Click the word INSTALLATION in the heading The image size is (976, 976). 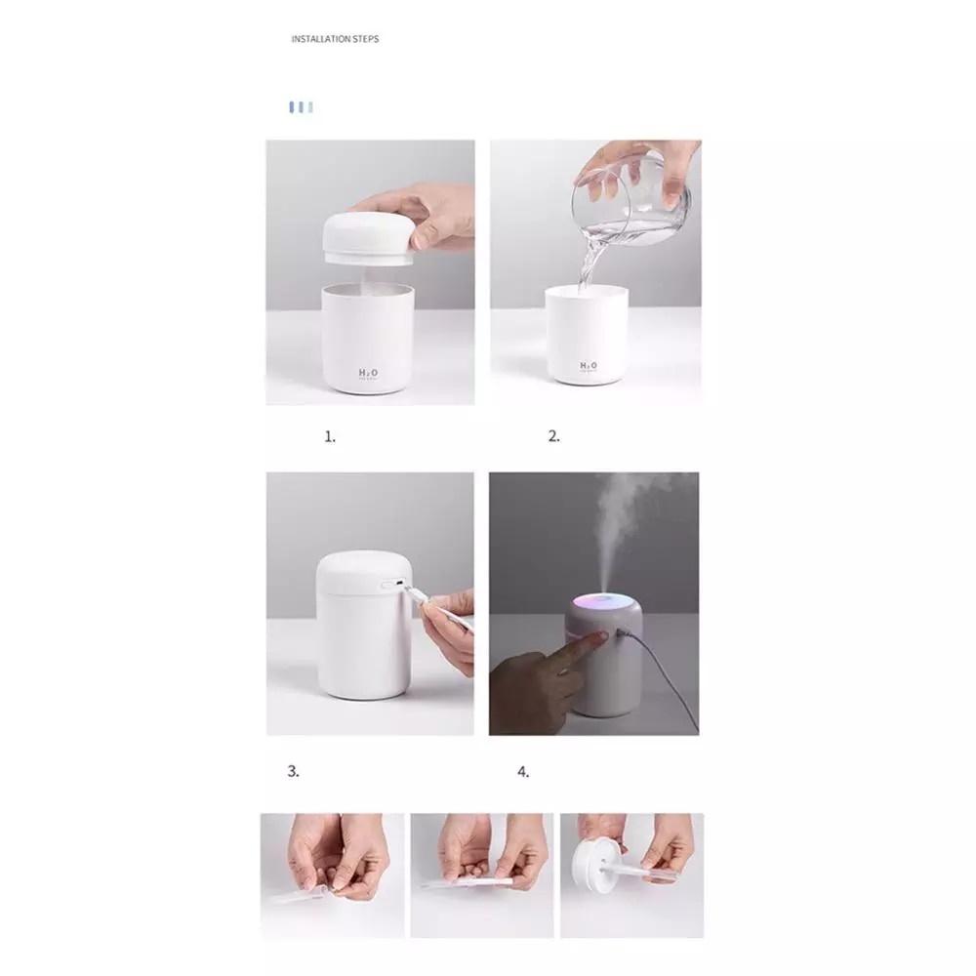click(321, 39)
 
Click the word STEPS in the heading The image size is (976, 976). click(366, 39)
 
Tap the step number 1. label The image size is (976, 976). click(330, 437)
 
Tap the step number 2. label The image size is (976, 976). click(554, 437)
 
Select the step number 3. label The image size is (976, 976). click(293, 771)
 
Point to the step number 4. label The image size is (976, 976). click(523, 772)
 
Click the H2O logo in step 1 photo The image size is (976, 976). click(369, 373)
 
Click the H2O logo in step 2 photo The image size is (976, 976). click(589, 366)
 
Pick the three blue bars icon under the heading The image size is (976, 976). click(301, 106)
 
